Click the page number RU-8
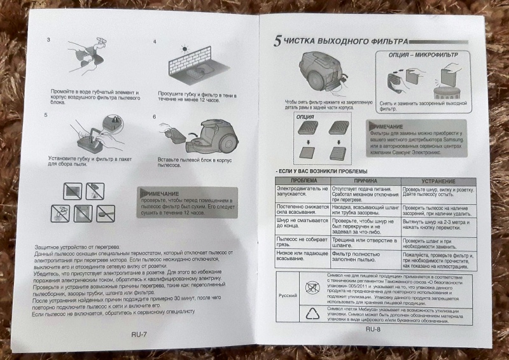(373, 329)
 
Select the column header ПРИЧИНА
(363, 181)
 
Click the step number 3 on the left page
(49, 40)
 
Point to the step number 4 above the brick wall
(155, 42)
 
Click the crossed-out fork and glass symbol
(316, 285)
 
